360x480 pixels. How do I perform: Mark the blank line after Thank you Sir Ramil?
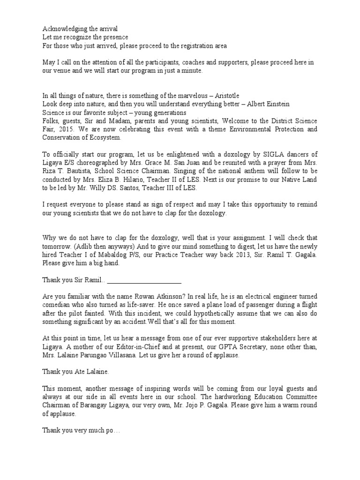point(144,281)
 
